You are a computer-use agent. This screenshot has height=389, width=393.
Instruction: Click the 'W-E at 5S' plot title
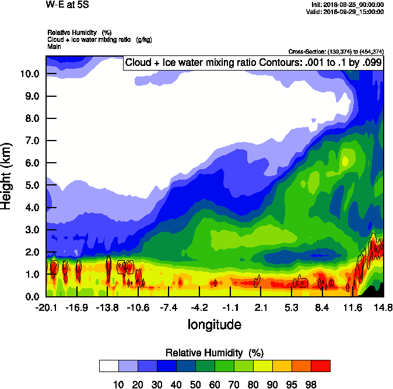click(67, 5)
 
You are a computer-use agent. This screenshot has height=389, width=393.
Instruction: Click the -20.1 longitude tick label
click(46, 307)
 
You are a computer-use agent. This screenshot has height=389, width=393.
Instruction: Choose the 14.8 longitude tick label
click(383, 307)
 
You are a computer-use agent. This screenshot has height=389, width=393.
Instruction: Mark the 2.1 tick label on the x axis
click(261, 307)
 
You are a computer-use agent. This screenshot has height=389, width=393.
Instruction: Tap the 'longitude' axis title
click(215, 324)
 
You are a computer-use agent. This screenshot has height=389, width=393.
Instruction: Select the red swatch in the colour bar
click(320, 366)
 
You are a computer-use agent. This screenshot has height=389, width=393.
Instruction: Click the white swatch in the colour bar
click(108, 366)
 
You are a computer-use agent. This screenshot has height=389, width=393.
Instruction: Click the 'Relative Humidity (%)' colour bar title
click(215, 353)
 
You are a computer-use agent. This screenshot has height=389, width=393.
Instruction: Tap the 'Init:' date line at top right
click(348, 5)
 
